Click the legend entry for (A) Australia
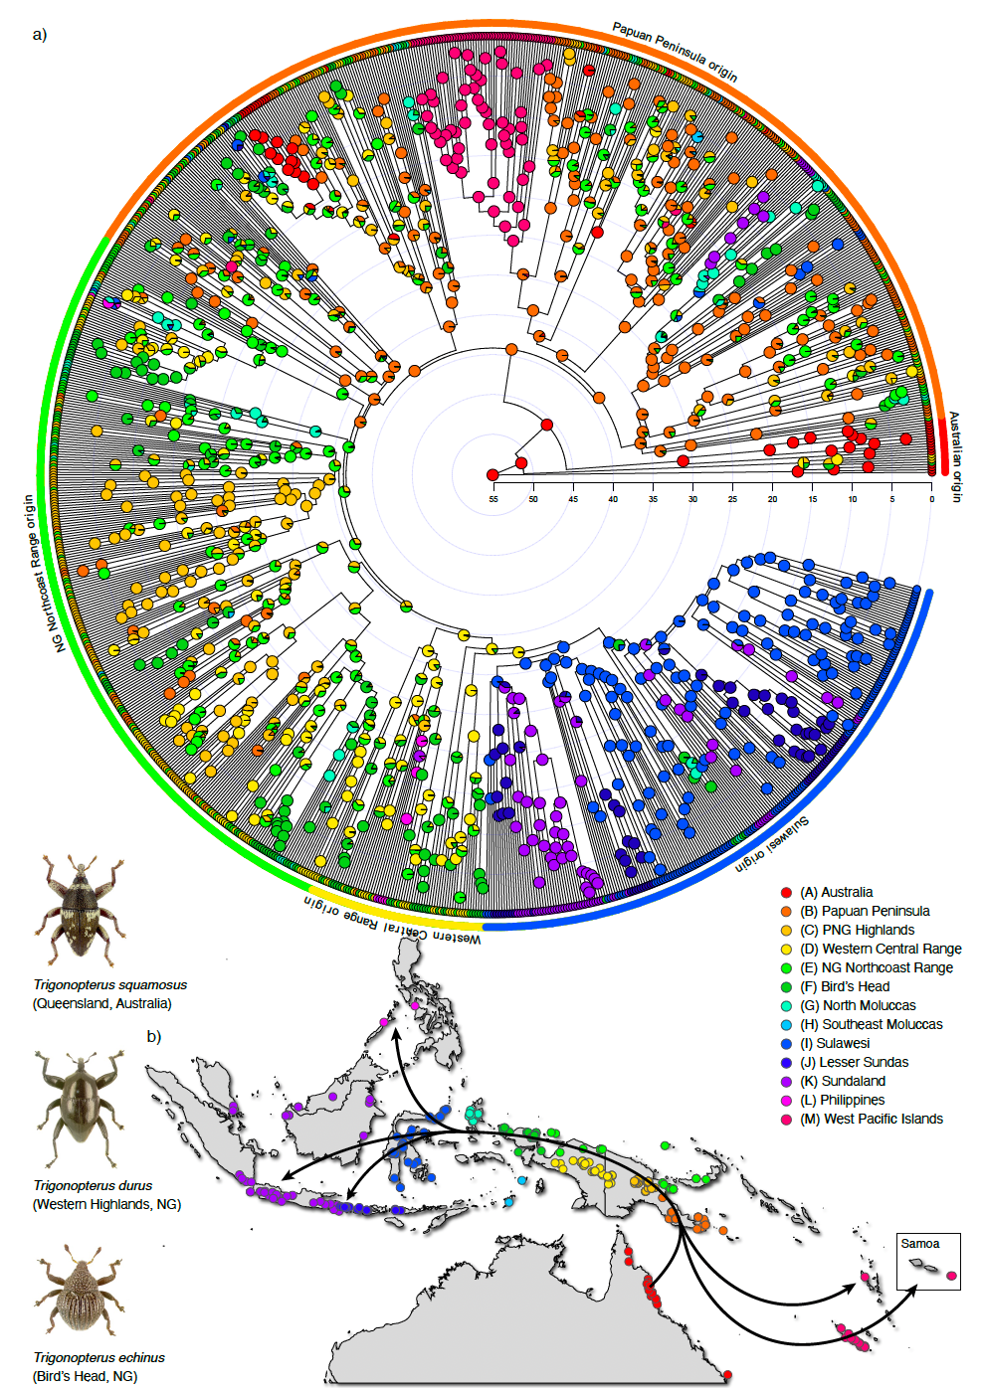(836, 892)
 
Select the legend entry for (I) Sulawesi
(842, 1043)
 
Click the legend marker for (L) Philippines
(786, 1100)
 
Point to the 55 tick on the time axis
(493, 498)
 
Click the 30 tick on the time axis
(692, 498)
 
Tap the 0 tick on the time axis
(931, 498)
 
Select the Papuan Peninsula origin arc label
(675, 52)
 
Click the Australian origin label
(955, 456)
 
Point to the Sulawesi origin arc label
(772, 846)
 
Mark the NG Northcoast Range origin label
(36, 574)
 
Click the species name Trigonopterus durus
(93, 1185)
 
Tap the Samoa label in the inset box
(919, 1243)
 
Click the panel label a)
(40, 35)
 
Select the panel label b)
(154, 1036)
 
